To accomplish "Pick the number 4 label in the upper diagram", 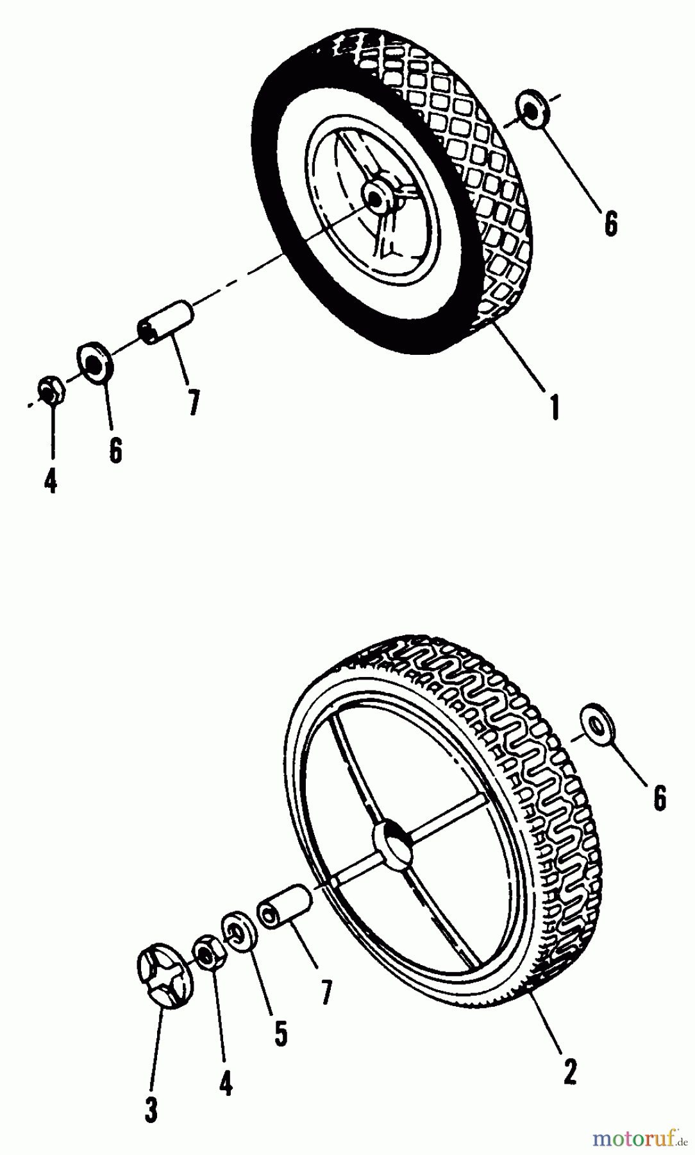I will coord(51,480).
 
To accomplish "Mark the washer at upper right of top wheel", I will coord(532,108).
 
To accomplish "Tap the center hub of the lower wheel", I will coord(392,840).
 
